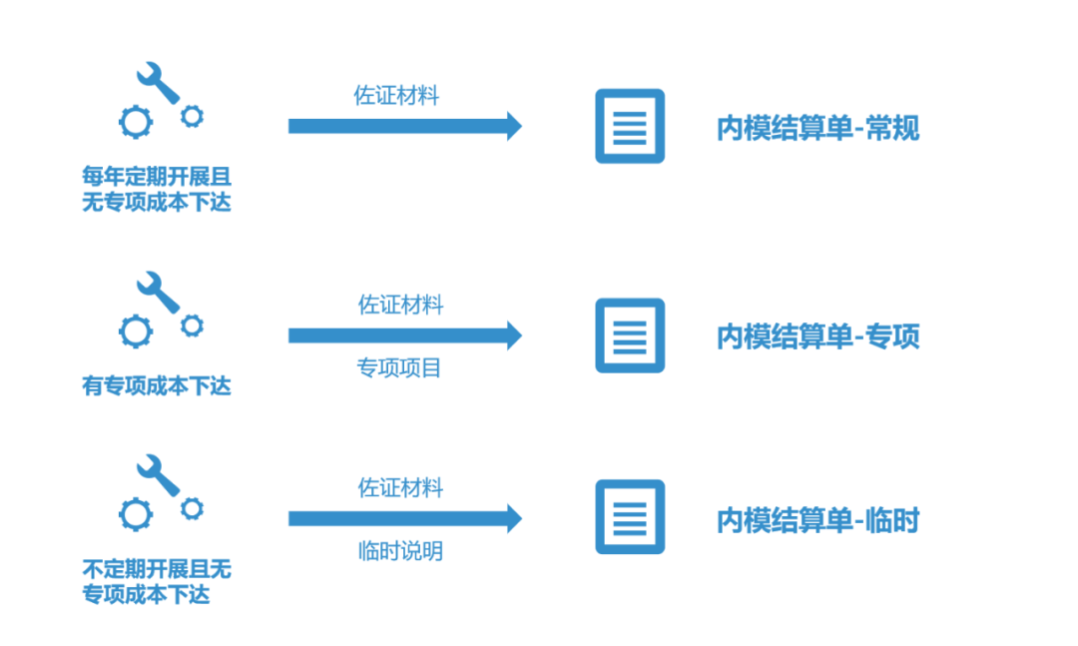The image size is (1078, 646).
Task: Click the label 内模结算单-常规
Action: click(x=817, y=129)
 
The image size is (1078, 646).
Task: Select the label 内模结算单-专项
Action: click(x=817, y=336)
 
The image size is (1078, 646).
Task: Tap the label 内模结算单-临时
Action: click(x=817, y=520)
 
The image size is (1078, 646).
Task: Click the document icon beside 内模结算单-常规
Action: click(x=630, y=126)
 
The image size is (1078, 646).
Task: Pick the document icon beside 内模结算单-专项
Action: click(x=630, y=335)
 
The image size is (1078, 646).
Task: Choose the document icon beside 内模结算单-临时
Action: click(x=630, y=517)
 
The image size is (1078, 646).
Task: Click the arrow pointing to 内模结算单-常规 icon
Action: click(x=404, y=126)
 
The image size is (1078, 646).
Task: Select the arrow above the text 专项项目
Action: click(x=404, y=335)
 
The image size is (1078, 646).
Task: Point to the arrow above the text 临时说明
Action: click(x=404, y=518)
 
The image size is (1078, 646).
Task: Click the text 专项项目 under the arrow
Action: click(x=399, y=368)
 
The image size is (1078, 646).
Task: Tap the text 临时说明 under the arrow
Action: click(x=400, y=551)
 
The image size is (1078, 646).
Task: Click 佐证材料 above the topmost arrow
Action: click(x=395, y=96)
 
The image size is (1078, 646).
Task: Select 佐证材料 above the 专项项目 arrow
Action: click(x=400, y=305)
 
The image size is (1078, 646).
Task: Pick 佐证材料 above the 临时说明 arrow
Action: click(x=400, y=488)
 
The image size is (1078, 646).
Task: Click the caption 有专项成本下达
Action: click(x=157, y=385)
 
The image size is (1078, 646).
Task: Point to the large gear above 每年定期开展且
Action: click(x=136, y=122)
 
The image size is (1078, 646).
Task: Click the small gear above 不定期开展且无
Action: click(x=192, y=508)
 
